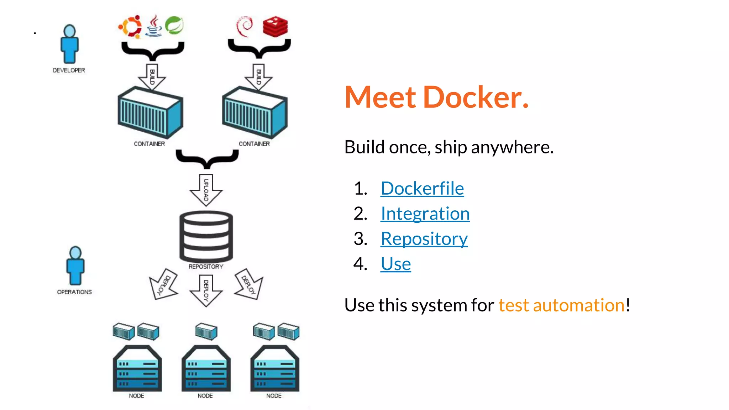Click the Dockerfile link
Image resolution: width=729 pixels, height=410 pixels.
click(422, 188)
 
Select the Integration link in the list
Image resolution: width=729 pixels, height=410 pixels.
click(425, 214)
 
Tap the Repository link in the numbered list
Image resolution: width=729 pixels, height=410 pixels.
click(424, 238)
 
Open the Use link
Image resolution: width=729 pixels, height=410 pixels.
click(395, 264)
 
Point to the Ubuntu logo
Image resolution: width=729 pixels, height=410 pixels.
click(130, 26)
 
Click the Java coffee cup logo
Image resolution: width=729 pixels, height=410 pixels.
click(154, 26)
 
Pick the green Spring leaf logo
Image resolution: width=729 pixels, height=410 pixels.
click(174, 25)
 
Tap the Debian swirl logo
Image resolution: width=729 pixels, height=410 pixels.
click(245, 26)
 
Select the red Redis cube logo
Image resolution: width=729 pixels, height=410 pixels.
click(275, 26)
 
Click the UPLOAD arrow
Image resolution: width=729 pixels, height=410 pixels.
click(206, 190)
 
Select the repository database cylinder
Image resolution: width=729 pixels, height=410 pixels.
click(206, 236)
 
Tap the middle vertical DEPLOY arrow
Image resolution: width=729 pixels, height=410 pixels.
click(206, 290)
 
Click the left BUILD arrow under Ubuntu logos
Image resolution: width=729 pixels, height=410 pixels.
click(152, 77)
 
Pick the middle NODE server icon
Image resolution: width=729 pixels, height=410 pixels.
click(206, 369)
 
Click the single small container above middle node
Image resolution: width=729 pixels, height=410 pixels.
click(206, 331)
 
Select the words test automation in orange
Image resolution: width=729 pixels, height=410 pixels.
click(561, 305)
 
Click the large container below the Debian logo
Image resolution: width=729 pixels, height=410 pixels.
click(255, 112)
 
